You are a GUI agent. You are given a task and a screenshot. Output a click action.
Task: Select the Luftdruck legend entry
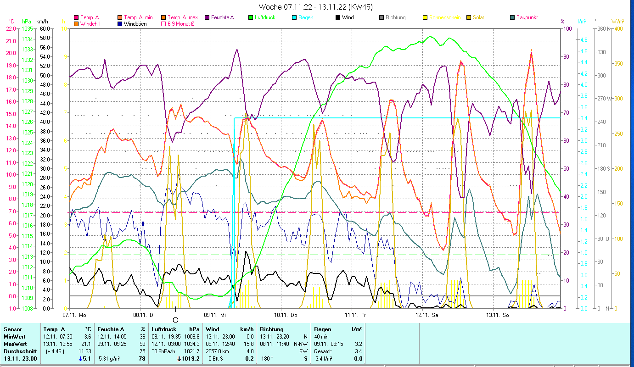pos(264,17)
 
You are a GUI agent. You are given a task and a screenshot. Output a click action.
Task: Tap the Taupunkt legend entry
pos(527,17)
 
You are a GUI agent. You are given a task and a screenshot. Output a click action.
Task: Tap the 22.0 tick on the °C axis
pos(11,28)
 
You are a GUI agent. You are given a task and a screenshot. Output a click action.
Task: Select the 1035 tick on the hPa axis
pos(27,28)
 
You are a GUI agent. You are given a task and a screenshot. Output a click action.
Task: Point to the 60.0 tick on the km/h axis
pos(45,28)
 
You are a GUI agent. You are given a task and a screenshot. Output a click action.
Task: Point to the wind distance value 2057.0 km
pos(218,351)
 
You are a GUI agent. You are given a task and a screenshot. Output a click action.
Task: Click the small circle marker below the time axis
pos(175,319)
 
